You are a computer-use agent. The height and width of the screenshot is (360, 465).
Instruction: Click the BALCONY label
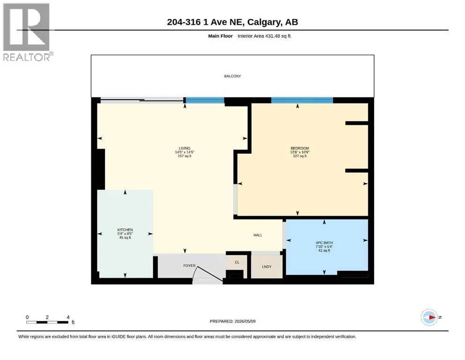pyautogui.click(x=232, y=76)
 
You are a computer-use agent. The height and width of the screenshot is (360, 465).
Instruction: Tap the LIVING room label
pyautogui.click(x=185, y=149)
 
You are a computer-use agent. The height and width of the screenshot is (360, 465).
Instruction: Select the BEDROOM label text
pyautogui.click(x=300, y=149)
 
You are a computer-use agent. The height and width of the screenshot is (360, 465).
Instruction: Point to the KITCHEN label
pyautogui.click(x=125, y=230)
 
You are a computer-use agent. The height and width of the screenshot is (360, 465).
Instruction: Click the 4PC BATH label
pyautogui.click(x=324, y=243)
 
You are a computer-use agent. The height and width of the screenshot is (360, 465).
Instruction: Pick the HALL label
pyautogui.click(x=258, y=235)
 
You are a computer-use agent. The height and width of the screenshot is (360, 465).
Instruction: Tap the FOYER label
pyautogui.click(x=189, y=266)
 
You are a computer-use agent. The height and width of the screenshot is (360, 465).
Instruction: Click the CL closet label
pyautogui.click(x=237, y=262)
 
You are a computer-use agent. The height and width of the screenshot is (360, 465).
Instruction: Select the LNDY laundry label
pyautogui.click(x=266, y=267)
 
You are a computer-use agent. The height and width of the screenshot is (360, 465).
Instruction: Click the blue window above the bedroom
pyautogui.click(x=302, y=100)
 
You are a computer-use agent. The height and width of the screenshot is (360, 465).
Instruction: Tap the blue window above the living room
pyautogui.click(x=205, y=100)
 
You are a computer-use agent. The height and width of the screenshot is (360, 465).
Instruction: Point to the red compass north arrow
pyautogui.click(x=432, y=317)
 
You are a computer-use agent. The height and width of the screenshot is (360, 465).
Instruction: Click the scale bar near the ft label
pyautogui.click(x=47, y=322)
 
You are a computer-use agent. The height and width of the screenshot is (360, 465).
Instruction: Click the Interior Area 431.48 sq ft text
pyautogui.click(x=264, y=36)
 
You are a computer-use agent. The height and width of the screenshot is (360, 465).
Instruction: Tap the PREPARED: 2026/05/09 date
pyautogui.click(x=232, y=321)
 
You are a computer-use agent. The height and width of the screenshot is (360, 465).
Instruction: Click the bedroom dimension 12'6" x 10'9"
pyautogui.click(x=300, y=152)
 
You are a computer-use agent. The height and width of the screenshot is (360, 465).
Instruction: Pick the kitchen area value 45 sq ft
pyautogui.click(x=125, y=238)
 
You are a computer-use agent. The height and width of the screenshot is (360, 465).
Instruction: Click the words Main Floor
pyautogui.click(x=221, y=36)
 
